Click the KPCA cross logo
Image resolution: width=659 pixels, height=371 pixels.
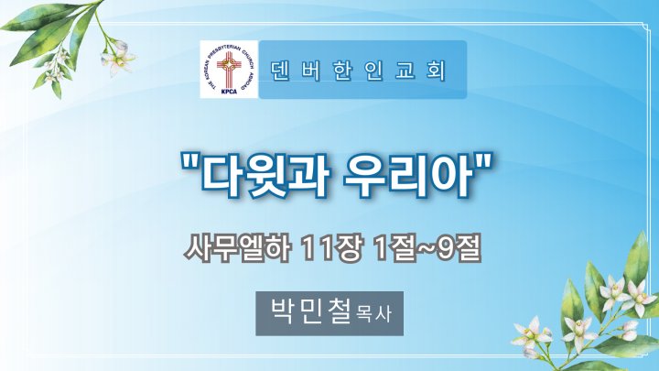click(x=229, y=69)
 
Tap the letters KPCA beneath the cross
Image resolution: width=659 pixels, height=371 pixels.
click(x=229, y=91)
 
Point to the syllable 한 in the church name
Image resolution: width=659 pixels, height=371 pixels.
click(x=342, y=71)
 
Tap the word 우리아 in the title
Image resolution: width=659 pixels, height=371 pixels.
click(x=406, y=176)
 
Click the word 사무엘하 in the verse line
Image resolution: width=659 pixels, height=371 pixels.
click(x=237, y=249)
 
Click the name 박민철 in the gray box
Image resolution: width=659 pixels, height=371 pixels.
click(x=311, y=311)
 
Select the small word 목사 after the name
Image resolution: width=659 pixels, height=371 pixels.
click(x=373, y=314)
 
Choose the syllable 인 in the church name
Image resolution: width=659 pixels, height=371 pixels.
click(x=373, y=71)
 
